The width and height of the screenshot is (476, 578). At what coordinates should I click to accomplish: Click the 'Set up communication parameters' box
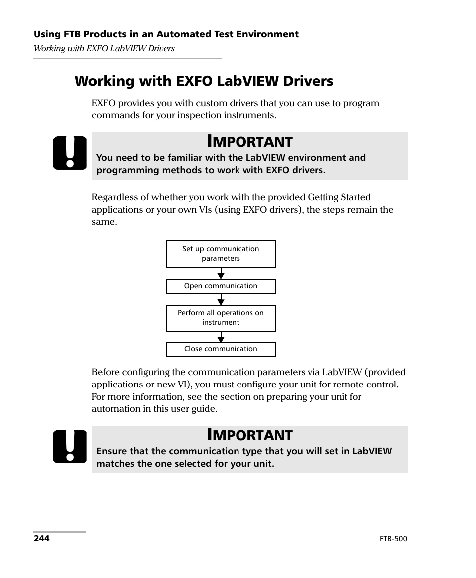pyautogui.click(x=221, y=254)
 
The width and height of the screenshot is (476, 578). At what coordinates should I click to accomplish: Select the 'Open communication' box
pyautogui.click(x=221, y=286)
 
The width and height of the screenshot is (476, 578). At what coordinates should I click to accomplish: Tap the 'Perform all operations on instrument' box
pyautogui.click(x=221, y=318)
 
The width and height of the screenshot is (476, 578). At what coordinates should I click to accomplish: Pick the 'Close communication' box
pyautogui.click(x=221, y=349)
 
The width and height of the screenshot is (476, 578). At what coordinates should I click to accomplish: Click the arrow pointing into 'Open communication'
pyautogui.click(x=221, y=274)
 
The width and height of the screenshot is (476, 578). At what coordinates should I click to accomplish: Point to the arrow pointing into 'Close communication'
pyautogui.click(x=221, y=338)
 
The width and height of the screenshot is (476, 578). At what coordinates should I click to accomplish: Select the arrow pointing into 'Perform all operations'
pyautogui.click(x=221, y=300)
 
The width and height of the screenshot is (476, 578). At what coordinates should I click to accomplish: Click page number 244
pyautogui.click(x=42, y=539)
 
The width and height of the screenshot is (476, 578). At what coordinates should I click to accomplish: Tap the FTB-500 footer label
pyautogui.click(x=393, y=539)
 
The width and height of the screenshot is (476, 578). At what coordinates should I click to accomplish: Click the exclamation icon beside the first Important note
pyautogui.click(x=70, y=153)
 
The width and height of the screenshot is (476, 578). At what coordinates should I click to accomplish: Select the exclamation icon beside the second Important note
pyautogui.click(x=70, y=446)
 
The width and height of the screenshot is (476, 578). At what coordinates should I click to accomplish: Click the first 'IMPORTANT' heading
pyautogui.click(x=249, y=141)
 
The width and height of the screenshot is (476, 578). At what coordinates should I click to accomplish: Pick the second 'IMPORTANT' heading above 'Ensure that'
pyautogui.click(x=249, y=435)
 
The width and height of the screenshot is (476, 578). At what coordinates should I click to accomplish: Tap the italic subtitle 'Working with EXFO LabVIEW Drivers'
pyautogui.click(x=104, y=48)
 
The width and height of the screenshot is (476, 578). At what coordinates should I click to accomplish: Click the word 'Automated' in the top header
pyautogui.click(x=181, y=34)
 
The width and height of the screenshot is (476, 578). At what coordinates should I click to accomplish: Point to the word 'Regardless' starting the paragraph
pyautogui.click(x=113, y=198)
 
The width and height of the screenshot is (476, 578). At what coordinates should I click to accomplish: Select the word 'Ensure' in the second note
pyautogui.click(x=111, y=451)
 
